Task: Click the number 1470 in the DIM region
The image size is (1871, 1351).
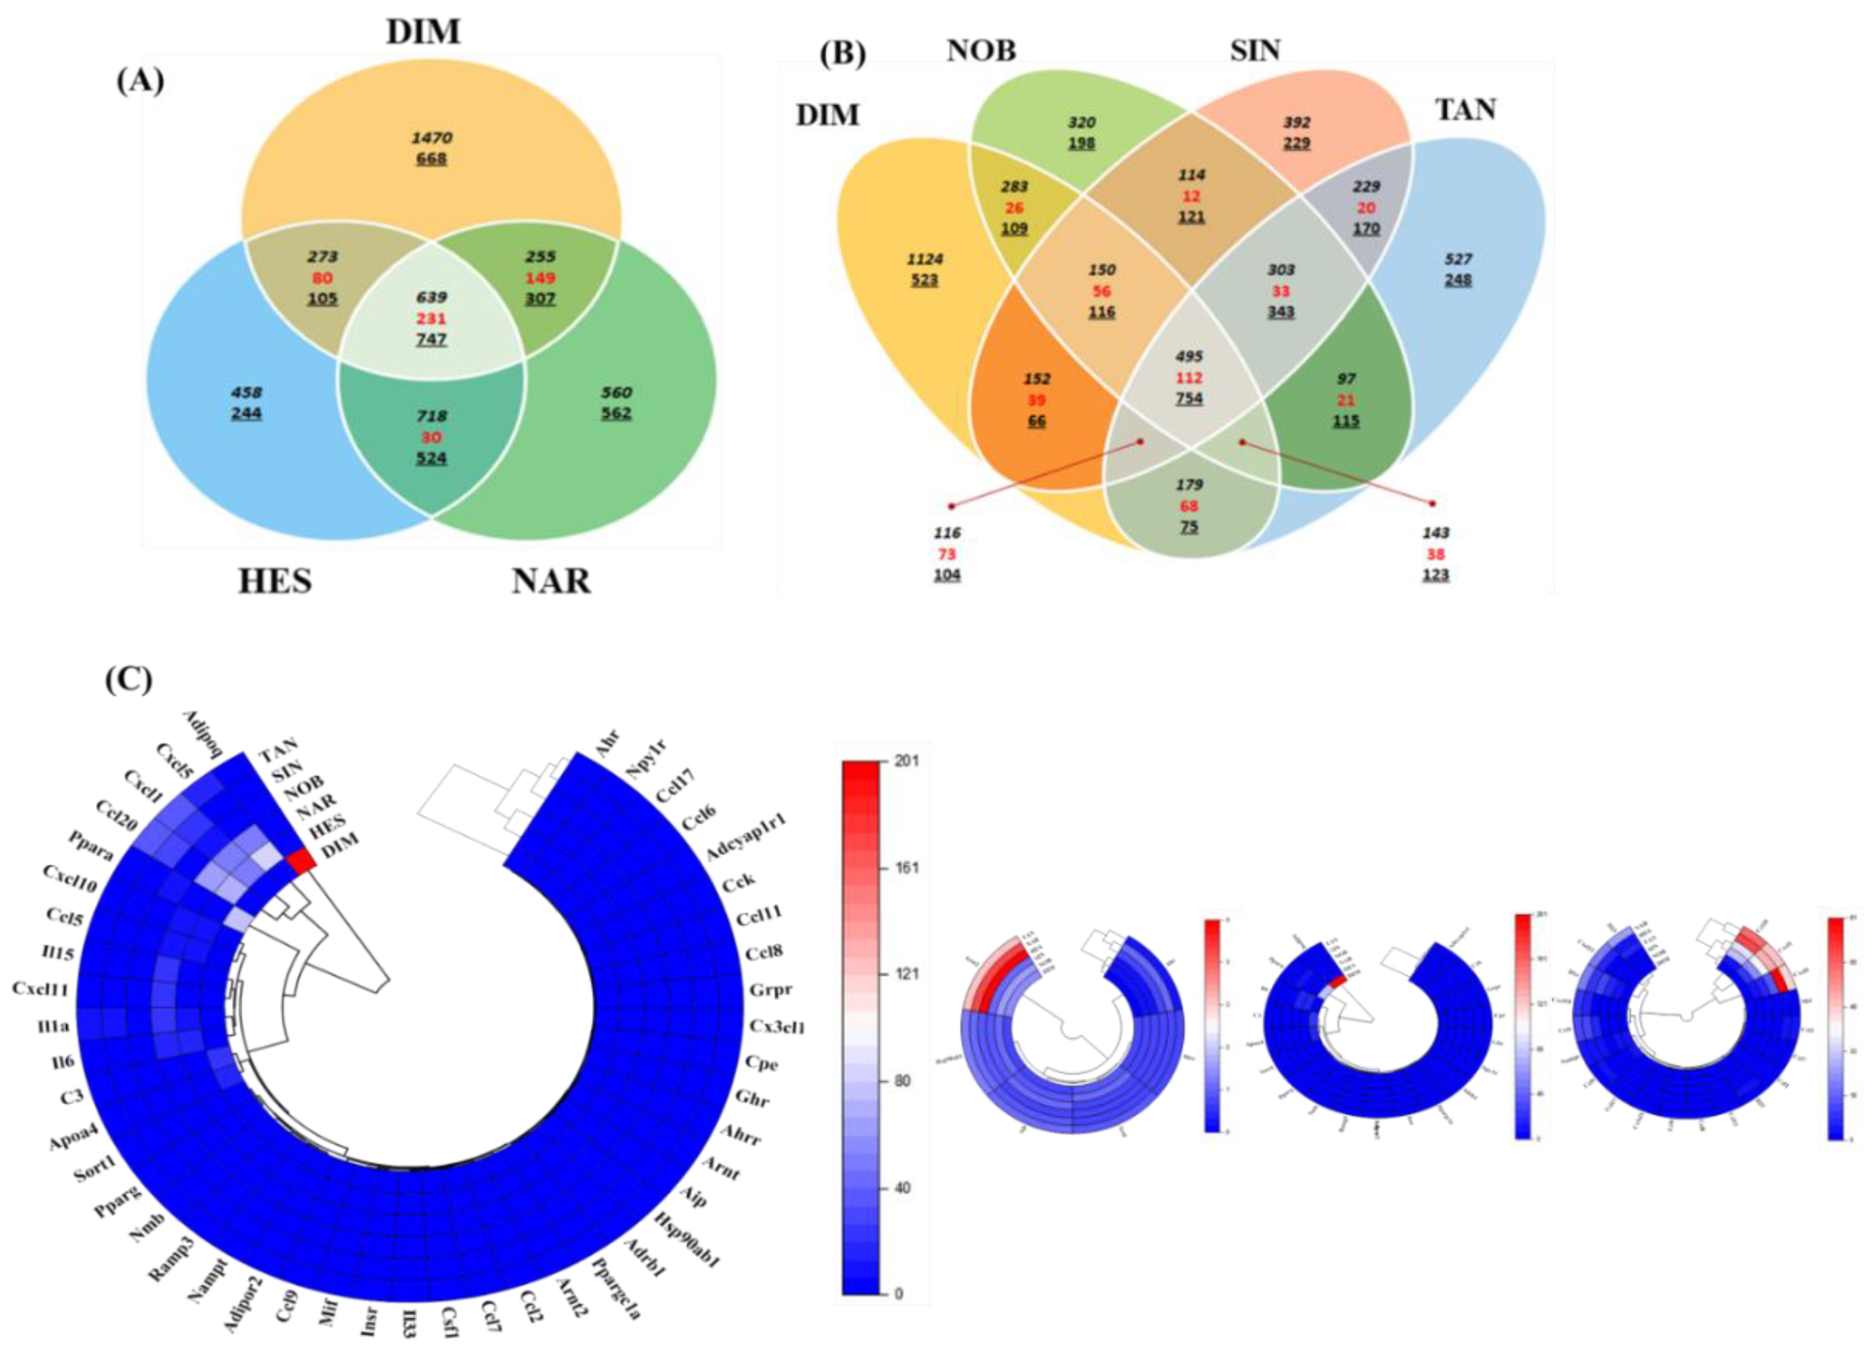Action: [x=431, y=137]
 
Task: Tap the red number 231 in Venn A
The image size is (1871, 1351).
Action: [x=431, y=319]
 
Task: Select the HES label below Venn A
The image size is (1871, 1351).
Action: [x=275, y=581]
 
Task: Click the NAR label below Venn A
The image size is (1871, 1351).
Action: [x=551, y=581]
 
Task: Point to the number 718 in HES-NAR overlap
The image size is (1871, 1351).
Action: [x=431, y=416]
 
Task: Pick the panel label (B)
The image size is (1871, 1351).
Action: [x=842, y=54]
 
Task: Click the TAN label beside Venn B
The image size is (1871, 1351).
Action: [x=1465, y=109]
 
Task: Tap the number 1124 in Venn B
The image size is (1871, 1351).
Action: [x=925, y=259]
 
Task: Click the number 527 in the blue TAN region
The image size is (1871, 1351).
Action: [x=1458, y=259]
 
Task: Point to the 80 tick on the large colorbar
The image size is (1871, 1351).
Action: [x=902, y=1081]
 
